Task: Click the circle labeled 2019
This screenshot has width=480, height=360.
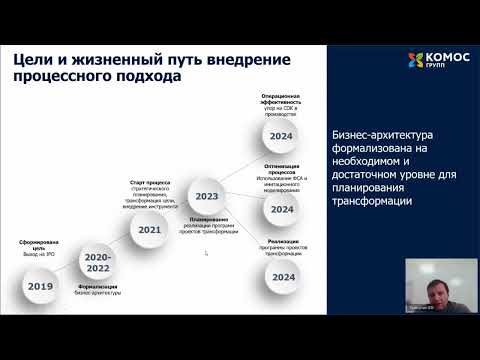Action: pos(40,285)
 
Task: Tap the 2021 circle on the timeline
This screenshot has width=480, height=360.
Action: pos(150,229)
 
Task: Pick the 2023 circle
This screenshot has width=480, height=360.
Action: pos(208,196)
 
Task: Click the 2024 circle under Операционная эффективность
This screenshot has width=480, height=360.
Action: pos(281,136)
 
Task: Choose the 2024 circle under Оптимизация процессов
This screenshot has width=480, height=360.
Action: pos(281,209)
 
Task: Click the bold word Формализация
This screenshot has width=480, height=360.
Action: pos(96,290)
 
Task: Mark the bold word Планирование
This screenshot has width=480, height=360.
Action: pos(208,217)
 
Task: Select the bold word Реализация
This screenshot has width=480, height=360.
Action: pos(282,240)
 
